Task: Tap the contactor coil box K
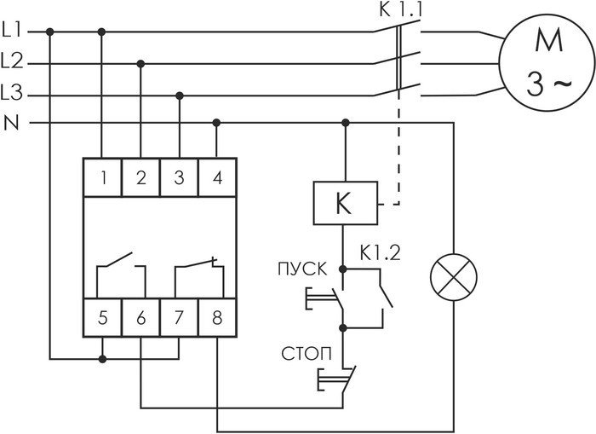tap(345, 203)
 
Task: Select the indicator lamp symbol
tap(454, 277)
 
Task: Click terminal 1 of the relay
tap(103, 177)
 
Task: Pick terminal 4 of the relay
tap(217, 177)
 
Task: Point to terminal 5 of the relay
tap(103, 317)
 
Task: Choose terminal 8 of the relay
tap(217, 317)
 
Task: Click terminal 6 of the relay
tap(141, 317)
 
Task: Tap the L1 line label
tap(12, 30)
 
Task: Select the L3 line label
tap(12, 92)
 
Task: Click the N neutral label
tap(11, 123)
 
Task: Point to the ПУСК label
tap(302, 269)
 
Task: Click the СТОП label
tap(306, 354)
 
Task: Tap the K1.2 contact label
tap(380, 252)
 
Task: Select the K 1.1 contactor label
tap(401, 9)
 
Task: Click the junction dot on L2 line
tap(140, 64)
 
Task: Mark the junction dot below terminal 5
tap(102, 359)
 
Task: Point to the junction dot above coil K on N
tap(346, 123)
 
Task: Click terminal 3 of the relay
tap(180, 177)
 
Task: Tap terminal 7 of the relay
tap(180, 317)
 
